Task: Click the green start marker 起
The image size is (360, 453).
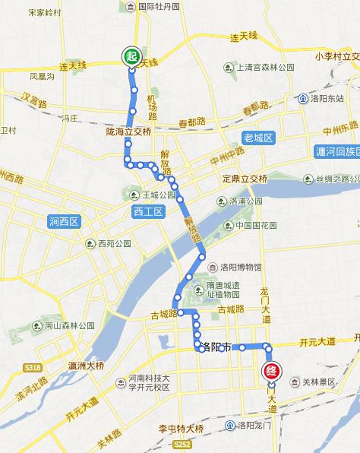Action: point(131,56)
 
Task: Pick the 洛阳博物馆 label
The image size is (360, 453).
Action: point(241,267)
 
